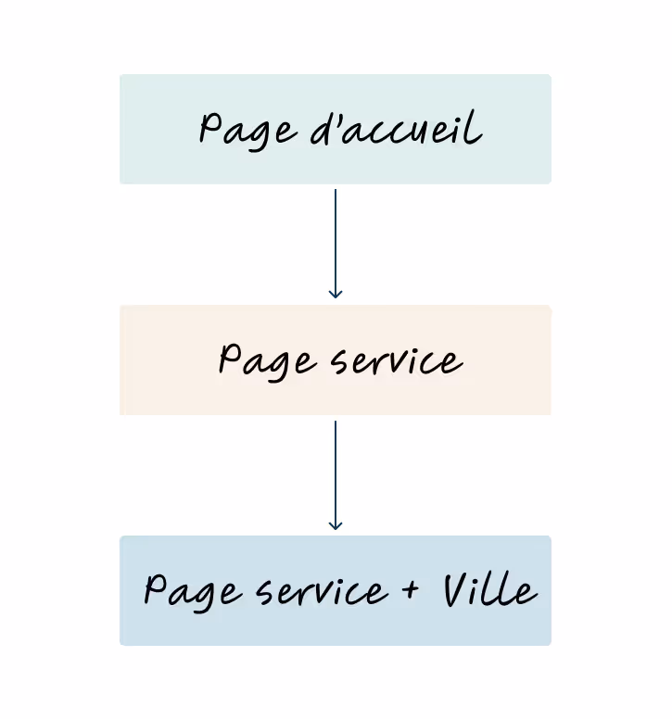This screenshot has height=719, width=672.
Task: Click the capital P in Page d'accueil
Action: [x=210, y=128]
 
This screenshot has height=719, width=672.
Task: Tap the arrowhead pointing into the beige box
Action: [x=336, y=293]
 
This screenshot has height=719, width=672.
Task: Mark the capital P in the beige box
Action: [x=229, y=358]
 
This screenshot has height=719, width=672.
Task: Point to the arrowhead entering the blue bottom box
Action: [x=336, y=524]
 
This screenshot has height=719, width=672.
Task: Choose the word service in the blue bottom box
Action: [x=322, y=592]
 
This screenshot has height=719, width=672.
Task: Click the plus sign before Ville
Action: [x=412, y=590]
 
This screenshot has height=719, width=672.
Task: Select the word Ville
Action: [x=488, y=590]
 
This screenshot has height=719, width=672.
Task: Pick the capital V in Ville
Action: [x=456, y=589]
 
